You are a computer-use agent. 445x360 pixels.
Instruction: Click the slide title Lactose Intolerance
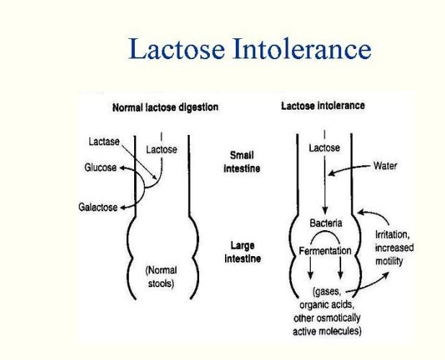[x=250, y=49]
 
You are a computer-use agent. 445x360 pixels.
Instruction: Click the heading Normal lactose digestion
[x=165, y=107]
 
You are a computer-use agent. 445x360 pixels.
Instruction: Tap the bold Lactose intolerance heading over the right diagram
[x=322, y=105]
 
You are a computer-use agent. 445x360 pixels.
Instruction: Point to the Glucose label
[x=100, y=167]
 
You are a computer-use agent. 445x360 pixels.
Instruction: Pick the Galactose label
[x=97, y=207]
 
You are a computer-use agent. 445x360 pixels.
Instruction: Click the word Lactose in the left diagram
[x=162, y=149]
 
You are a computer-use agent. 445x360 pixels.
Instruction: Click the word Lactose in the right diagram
[x=324, y=148]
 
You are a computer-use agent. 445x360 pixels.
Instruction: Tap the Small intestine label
[x=242, y=162]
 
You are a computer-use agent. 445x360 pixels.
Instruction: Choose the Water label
[x=385, y=166]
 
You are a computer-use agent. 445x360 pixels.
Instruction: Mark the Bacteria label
[x=325, y=224]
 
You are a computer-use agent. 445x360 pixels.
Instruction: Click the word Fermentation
[x=325, y=251]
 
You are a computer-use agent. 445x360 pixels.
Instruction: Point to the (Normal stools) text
[x=161, y=276]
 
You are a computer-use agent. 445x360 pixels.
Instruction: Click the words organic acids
[x=328, y=305]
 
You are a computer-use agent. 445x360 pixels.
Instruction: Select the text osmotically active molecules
[x=328, y=325]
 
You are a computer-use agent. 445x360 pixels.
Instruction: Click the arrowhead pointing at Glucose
[x=122, y=168]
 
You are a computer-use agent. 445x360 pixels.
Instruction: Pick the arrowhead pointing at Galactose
[x=123, y=207]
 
